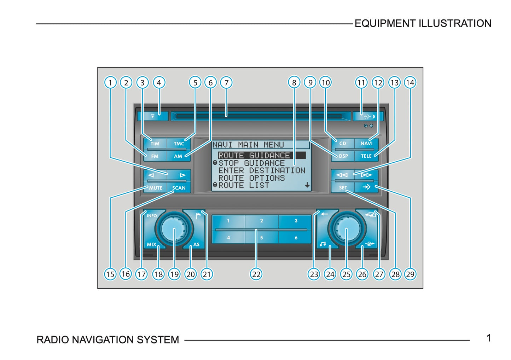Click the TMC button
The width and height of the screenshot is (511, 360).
click(x=179, y=144)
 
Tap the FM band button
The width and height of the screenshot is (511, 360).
click(x=155, y=156)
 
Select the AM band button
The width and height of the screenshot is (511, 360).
click(x=178, y=156)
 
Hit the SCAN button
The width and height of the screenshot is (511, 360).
click(x=179, y=188)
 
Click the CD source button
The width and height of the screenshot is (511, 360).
click(x=343, y=144)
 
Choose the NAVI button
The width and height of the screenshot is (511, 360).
click(x=366, y=144)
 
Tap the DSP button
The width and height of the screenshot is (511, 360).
click(x=343, y=156)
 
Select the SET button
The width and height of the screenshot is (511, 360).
click(x=343, y=188)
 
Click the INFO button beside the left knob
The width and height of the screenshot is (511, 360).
click(x=152, y=216)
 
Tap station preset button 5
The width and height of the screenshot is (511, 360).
click(x=261, y=238)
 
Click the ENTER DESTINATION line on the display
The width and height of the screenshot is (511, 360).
click(x=262, y=170)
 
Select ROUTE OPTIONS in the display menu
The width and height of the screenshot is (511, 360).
click(x=251, y=178)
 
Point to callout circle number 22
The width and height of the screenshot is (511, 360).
click(x=256, y=274)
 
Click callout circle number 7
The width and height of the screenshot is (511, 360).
click(x=226, y=83)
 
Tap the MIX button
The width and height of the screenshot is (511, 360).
click(x=151, y=244)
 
